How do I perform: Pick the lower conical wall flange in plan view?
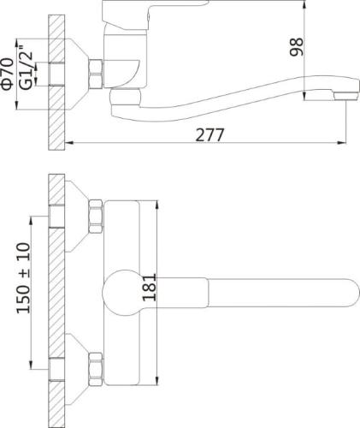(x=79, y=364)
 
